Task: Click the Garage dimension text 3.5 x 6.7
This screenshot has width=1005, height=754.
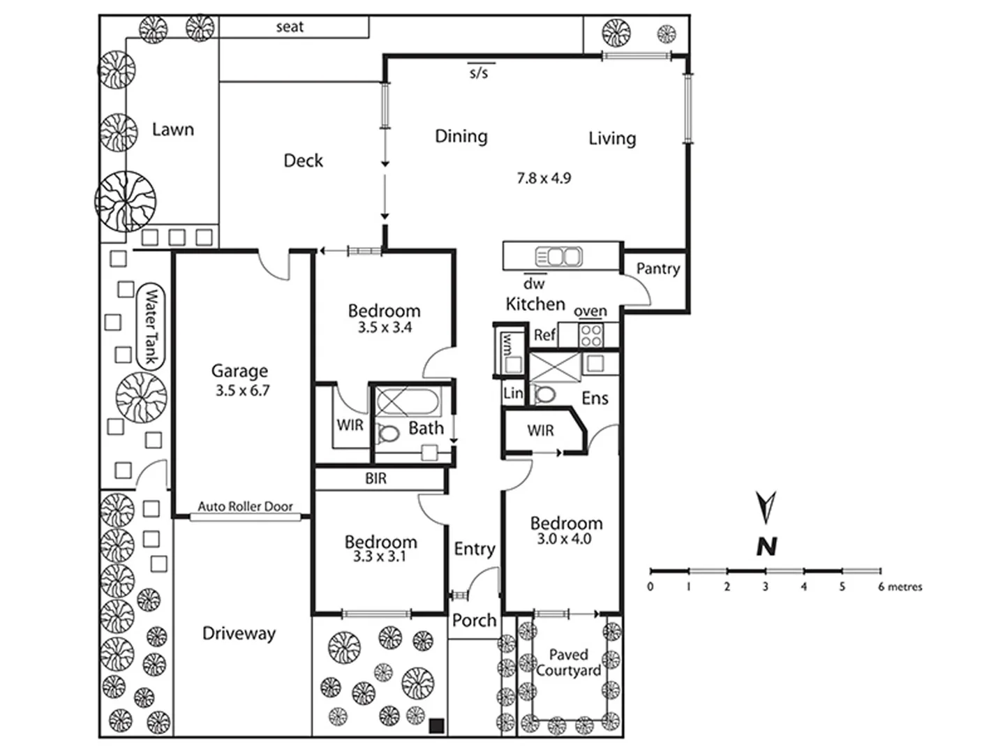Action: tap(242, 391)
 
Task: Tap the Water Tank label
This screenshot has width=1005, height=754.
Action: tap(150, 326)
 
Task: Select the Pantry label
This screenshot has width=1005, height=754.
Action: tap(657, 269)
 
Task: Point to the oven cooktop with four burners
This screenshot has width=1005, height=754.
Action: tap(591, 335)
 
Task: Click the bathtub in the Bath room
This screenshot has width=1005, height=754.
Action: tap(408, 403)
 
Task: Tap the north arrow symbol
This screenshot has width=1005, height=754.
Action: tap(766, 508)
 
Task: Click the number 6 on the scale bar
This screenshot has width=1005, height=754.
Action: tap(881, 587)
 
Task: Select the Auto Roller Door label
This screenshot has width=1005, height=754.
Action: tap(245, 506)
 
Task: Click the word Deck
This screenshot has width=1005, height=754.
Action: tap(303, 161)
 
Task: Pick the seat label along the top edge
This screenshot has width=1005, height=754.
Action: tap(290, 27)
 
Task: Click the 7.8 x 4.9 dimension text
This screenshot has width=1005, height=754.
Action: tap(544, 179)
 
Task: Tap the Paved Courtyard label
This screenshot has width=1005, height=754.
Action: tap(568, 663)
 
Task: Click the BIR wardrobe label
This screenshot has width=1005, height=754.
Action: tap(375, 479)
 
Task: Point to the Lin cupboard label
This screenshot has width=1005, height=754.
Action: tap(513, 393)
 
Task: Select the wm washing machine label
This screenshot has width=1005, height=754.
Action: tap(507, 343)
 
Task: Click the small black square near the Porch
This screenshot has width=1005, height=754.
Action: tap(436, 725)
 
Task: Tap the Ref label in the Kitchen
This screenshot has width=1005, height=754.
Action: tap(544, 335)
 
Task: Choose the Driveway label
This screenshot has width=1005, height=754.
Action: tap(239, 633)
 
